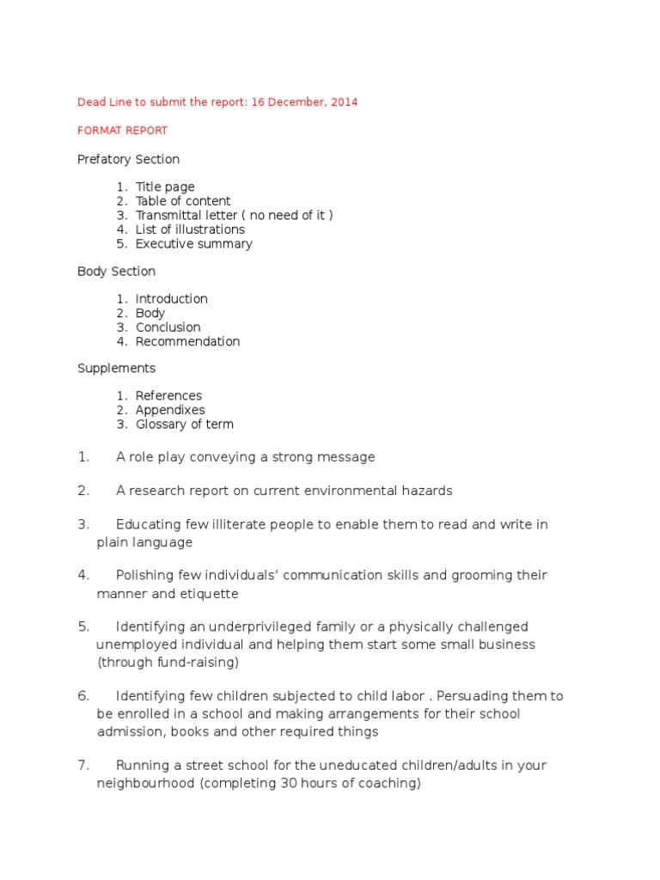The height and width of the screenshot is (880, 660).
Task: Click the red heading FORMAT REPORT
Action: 122,131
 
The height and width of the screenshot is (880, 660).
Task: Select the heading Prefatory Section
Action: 128,159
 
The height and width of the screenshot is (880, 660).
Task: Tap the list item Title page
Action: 165,186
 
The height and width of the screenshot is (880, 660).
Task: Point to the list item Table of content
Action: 183,201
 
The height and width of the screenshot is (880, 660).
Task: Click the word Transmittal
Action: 169,215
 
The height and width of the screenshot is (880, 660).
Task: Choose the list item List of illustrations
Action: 190,229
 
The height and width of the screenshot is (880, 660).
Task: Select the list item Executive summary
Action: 193,244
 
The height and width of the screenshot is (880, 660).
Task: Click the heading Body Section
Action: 116,272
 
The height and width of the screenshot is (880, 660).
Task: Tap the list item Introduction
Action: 171,299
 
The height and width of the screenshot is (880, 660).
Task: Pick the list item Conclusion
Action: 168,327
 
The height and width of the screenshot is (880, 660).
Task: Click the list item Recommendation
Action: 187,341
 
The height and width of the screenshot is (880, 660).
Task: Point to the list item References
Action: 168,396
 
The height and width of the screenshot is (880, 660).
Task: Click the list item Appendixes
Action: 169,410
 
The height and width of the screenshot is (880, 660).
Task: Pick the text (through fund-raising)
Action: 168,663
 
